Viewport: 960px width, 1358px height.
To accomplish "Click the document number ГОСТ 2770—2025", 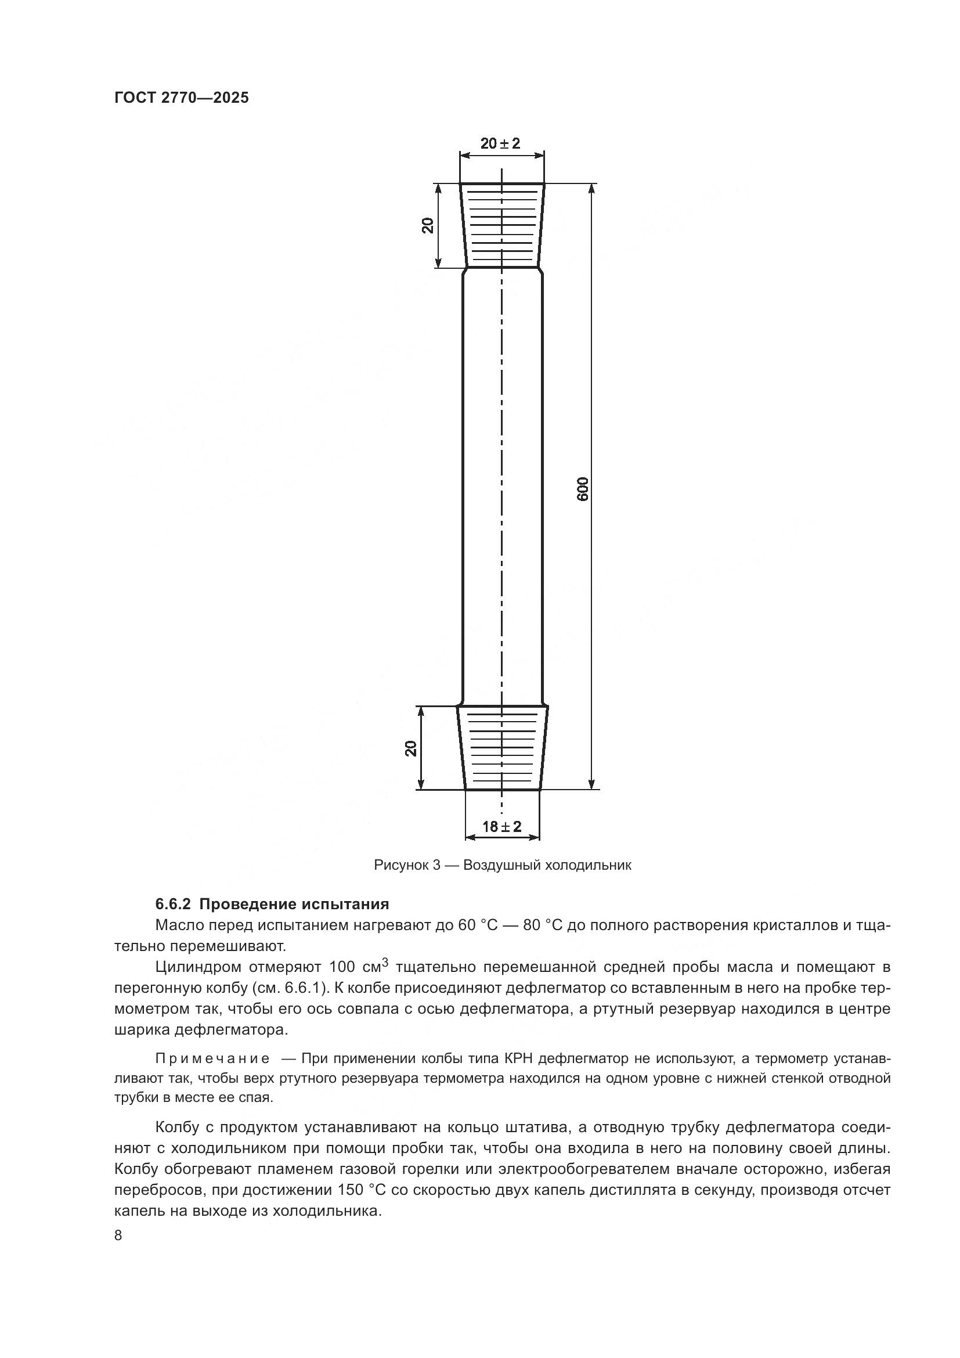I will [x=182, y=98].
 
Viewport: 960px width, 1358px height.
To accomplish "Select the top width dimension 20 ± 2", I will [x=500, y=143].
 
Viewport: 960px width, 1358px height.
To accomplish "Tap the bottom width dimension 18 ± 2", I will [x=502, y=826].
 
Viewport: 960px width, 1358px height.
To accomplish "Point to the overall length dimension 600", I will [x=583, y=488].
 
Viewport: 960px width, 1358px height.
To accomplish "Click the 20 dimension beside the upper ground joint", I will [x=427, y=225].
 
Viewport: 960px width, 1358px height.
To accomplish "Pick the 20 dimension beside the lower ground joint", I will [x=411, y=748].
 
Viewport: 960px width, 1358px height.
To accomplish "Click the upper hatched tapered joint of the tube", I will [x=502, y=225].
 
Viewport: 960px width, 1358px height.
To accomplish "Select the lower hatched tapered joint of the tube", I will [x=502, y=748].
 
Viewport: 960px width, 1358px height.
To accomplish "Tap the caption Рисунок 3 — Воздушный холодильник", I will [x=503, y=865].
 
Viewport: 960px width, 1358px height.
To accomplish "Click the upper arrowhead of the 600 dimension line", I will [x=591, y=187].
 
